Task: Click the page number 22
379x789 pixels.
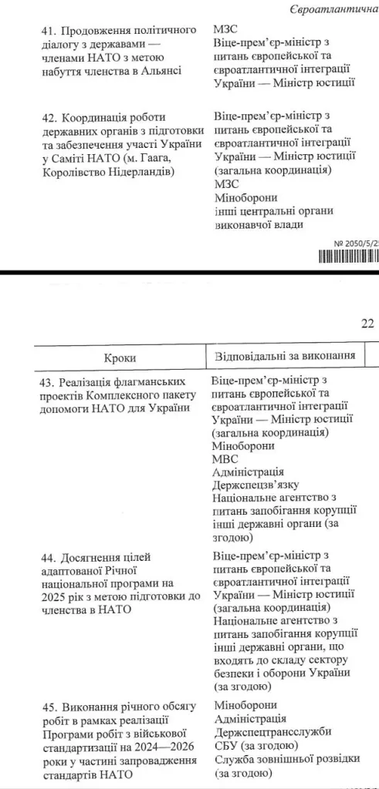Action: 367,323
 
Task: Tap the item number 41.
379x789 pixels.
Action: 49,30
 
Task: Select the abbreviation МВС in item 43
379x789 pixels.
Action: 225,458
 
